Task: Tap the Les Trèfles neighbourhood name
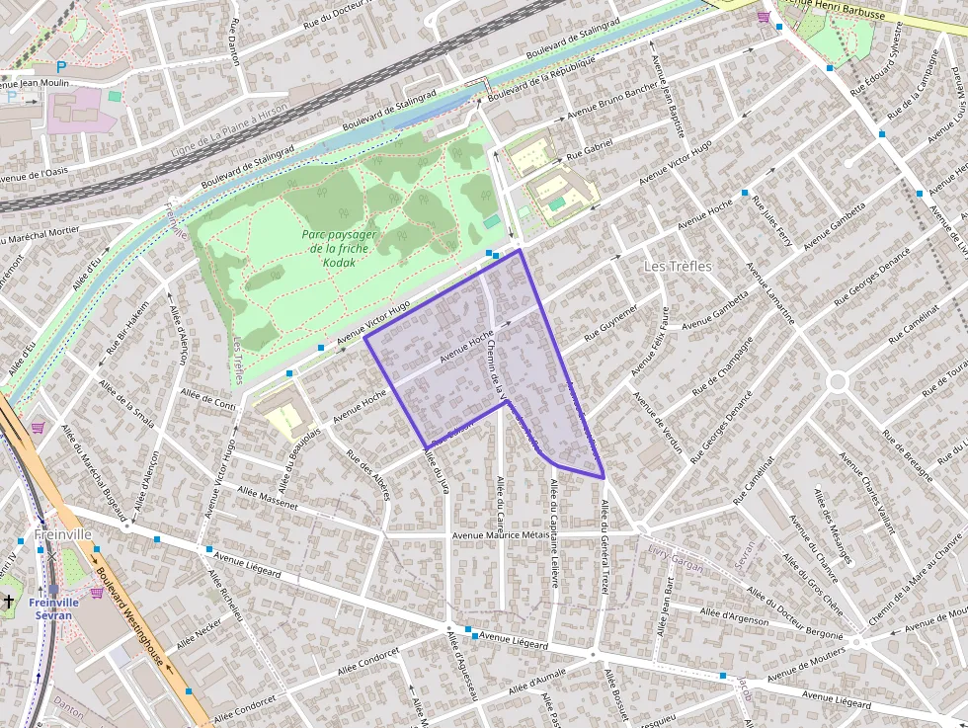tap(678, 266)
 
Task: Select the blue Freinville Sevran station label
tap(52, 608)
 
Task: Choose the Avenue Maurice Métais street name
tap(500, 535)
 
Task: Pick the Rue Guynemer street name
tap(610, 322)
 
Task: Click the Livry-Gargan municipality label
tap(676, 559)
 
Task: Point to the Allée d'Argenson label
tap(734, 616)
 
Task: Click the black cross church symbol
tap(9, 601)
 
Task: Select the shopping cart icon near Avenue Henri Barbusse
tap(764, 17)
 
